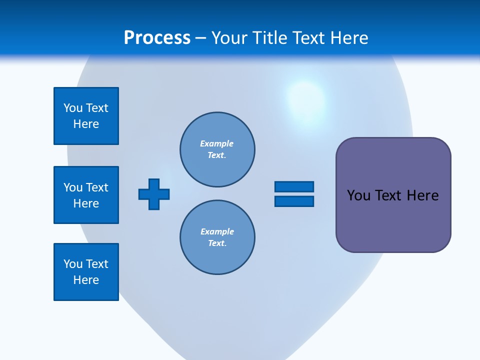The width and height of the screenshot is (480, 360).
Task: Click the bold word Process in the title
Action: pyautogui.click(x=157, y=38)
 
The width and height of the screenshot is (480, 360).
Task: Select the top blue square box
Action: pyautogui.click(x=86, y=116)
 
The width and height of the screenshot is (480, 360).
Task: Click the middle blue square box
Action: pyautogui.click(x=86, y=195)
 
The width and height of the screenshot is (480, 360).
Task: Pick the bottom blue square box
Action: pyautogui.click(x=86, y=272)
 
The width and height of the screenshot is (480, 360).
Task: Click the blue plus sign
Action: pyautogui.click(x=154, y=194)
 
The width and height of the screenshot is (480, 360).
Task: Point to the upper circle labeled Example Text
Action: pyautogui.click(x=217, y=149)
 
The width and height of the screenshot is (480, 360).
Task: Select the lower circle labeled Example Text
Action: pyautogui.click(x=217, y=237)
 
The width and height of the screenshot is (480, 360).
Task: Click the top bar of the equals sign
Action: pyautogui.click(x=294, y=186)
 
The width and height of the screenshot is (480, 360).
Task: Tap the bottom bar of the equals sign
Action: pyautogui.click(x=294, y=201)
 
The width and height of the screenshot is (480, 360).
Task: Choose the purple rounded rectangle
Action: pyautogui.click(x=393, y=220)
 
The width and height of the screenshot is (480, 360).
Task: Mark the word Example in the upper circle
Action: pyautogui.click(x=217, y=143)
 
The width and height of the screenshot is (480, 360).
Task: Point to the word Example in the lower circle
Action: pyautogui.click(x=217, y=231)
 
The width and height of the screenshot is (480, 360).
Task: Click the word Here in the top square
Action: pyautogui.click(x=86, y=124)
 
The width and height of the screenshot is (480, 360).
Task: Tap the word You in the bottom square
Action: pyautogui.click(x=73, y=264)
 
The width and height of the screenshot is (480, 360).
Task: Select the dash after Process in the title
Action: pyautogui.click(x=201, y=38)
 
